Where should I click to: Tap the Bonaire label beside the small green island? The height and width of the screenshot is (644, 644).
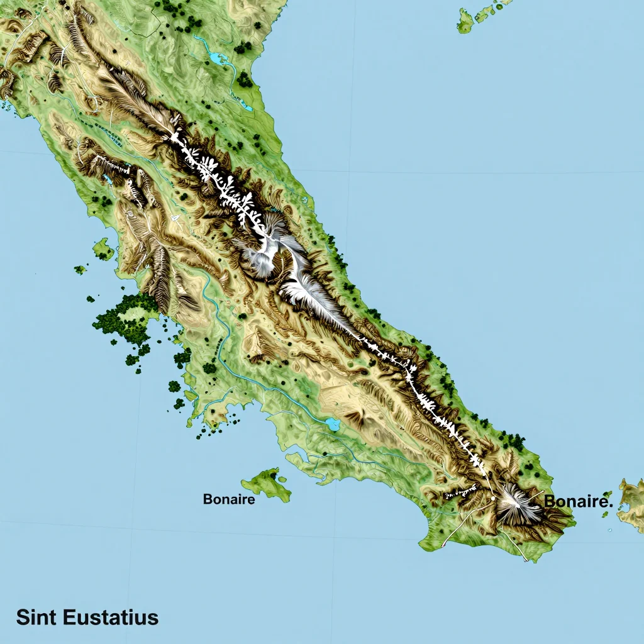[229, 500]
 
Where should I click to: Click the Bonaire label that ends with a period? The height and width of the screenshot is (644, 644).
[578, 502]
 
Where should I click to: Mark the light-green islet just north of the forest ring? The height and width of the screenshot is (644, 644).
[103, 248]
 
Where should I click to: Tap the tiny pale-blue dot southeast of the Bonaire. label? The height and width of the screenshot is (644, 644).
[609, 531]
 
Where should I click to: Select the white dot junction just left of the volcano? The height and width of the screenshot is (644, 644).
[493, 498]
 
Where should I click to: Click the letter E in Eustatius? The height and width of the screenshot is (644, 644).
[70, 617]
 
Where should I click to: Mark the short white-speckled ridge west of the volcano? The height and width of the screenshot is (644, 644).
[461, 493]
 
